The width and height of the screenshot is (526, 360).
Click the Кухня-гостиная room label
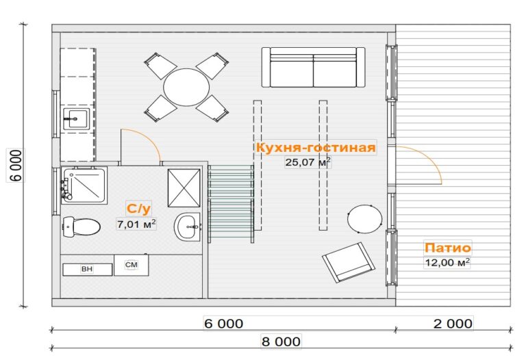[316, 147]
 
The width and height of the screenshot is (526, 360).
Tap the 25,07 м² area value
[308, 162]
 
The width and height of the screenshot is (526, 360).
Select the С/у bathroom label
[138, 209]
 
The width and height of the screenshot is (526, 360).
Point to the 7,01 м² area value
[136, 224]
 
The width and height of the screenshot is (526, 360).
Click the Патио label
[448, 248]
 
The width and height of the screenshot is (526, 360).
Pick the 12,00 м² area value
[447, 262]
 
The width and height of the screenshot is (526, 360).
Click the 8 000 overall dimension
[281, 342]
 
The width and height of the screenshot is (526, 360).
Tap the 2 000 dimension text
[453, 324]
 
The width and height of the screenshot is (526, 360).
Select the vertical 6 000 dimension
[16, 165]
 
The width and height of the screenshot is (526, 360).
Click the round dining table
[186, 87]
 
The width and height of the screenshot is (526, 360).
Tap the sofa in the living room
[313, 67]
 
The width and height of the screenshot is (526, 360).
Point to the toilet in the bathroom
[82, 227]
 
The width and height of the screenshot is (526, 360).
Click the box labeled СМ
[131, 265]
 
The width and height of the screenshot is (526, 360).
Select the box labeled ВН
[87, 269]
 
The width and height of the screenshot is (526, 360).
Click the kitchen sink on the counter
[77, 119]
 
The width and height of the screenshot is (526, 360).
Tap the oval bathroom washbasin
[187, 227]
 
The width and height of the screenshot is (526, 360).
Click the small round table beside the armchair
[364, 219]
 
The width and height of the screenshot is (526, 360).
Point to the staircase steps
[231, 203]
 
